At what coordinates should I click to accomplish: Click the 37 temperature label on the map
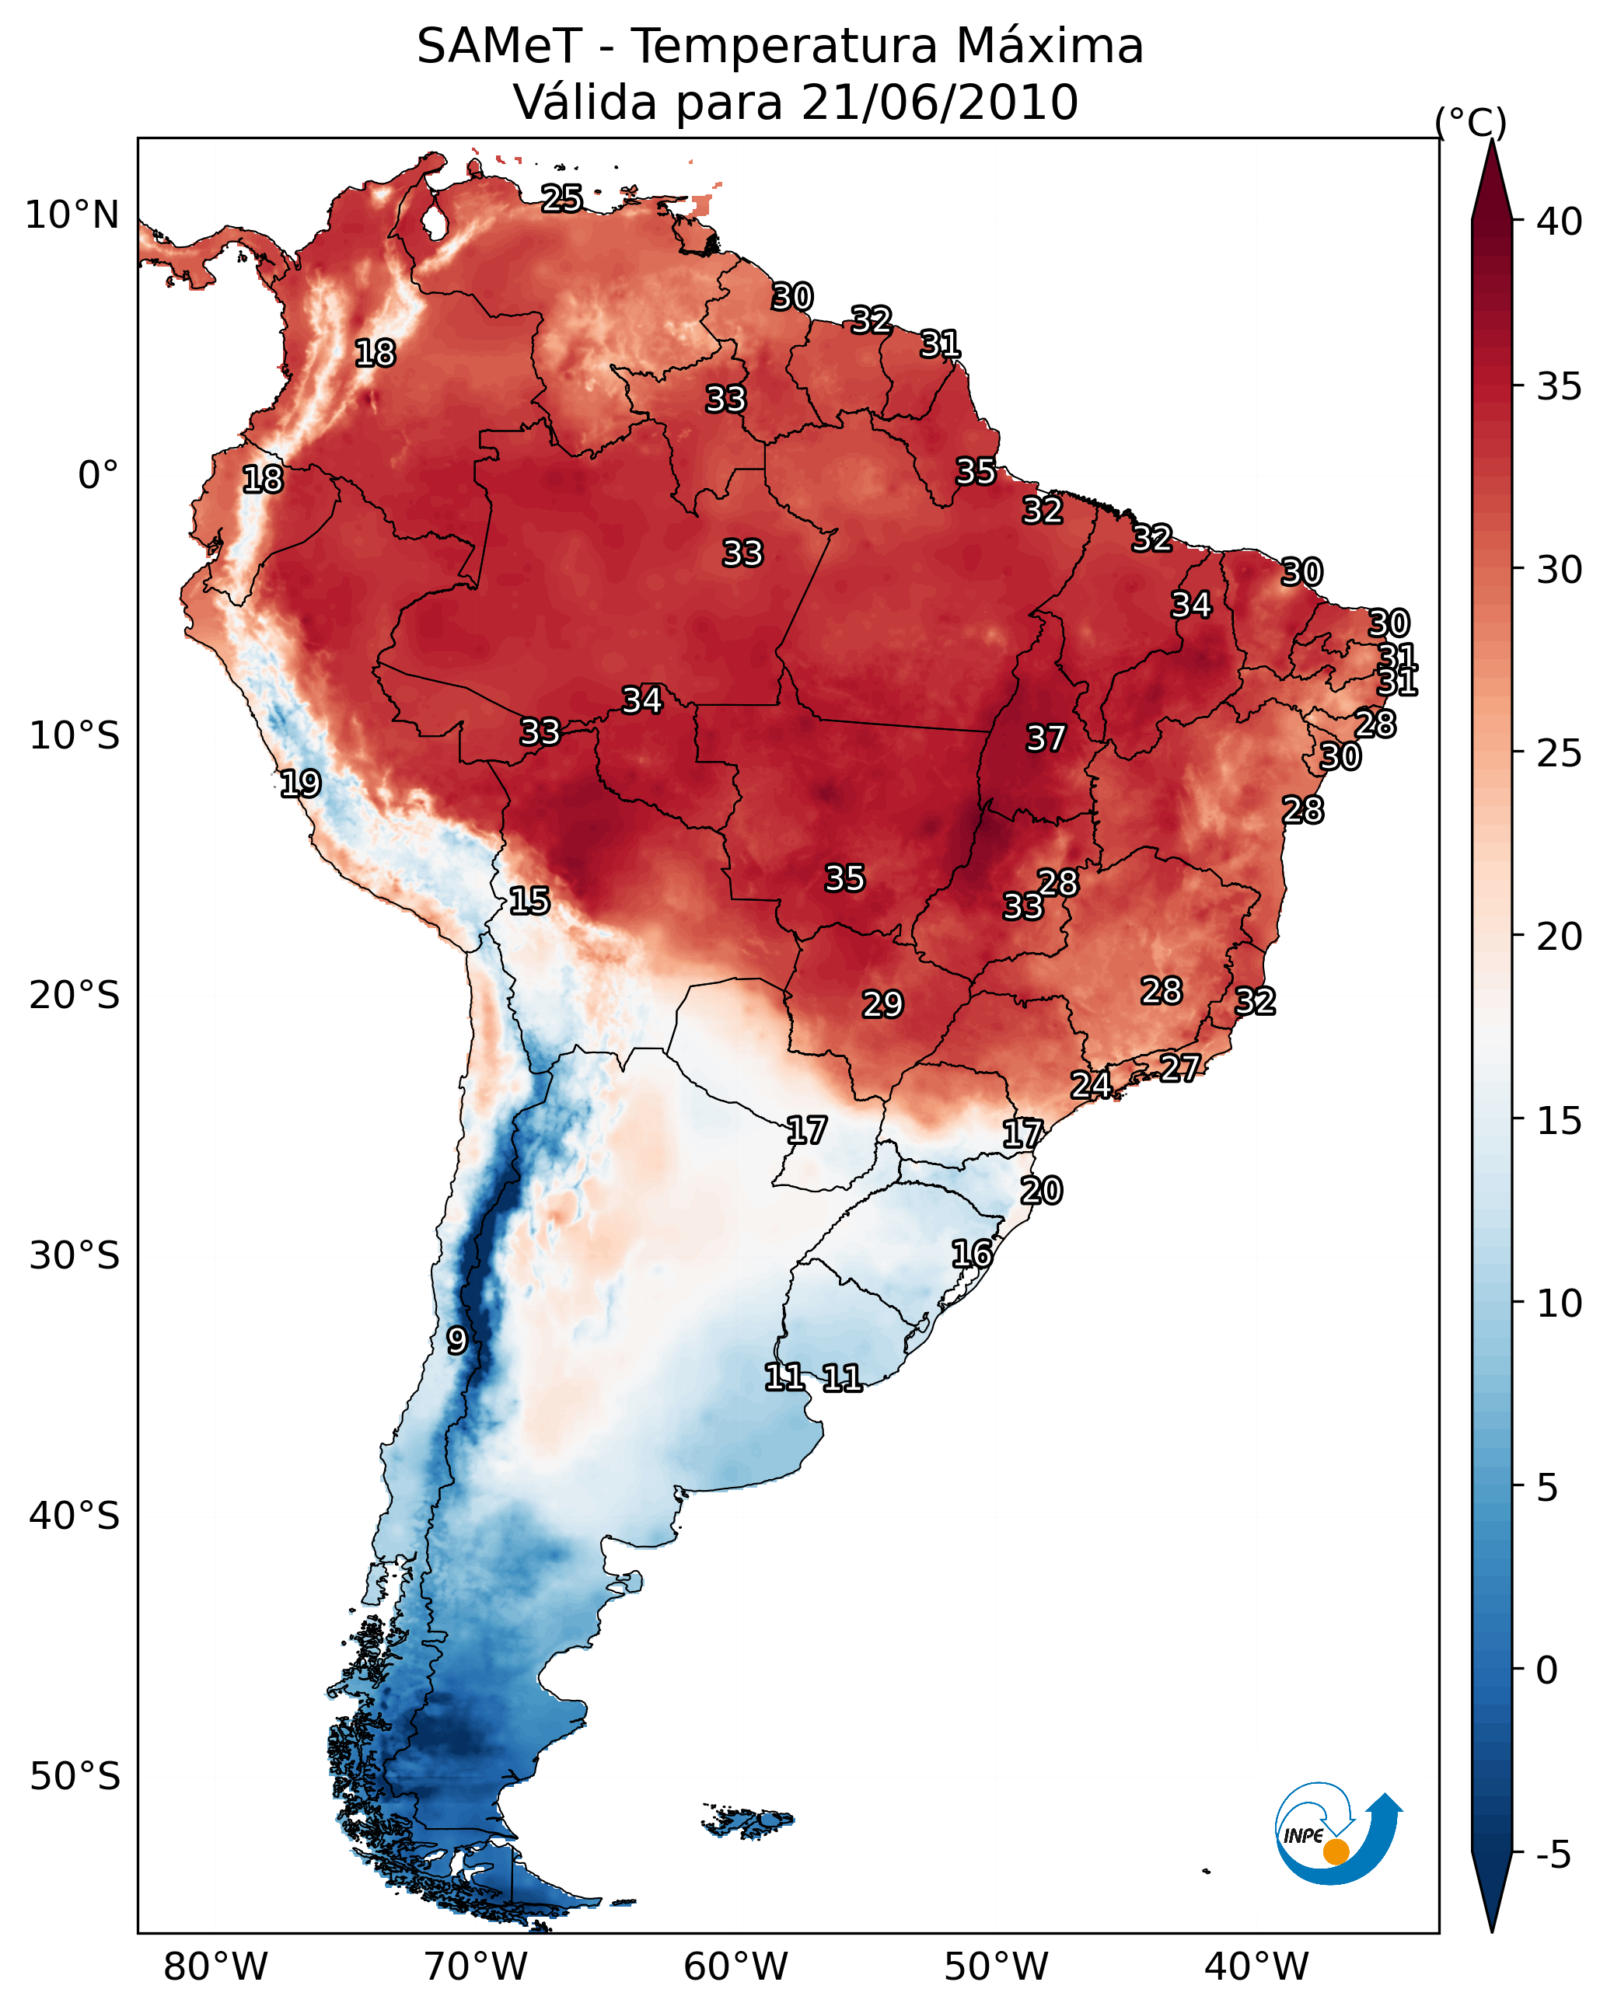(1046, 738)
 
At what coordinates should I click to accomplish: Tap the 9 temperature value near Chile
(456, 1340)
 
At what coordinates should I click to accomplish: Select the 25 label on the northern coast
(561, 197)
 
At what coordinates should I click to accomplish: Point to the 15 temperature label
(529, 901)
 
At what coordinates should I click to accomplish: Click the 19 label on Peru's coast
(300, 783)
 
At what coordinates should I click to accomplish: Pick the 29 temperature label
(882, 1004)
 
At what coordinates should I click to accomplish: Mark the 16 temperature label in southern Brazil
(972, 1254)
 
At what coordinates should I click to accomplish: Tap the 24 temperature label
(1090, 1084)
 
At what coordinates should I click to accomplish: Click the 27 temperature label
(1180, 1067)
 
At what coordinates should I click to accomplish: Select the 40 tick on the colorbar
(1560, 222)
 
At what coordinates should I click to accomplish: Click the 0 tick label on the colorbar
(1546, 1670)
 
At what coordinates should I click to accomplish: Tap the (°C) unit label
(1470, 122)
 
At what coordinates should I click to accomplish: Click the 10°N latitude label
(72, 215)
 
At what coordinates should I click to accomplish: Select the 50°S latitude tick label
(75, 1777)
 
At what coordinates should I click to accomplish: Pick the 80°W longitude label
(215, 1966)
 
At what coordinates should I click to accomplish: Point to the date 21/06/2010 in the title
(939, 102)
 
